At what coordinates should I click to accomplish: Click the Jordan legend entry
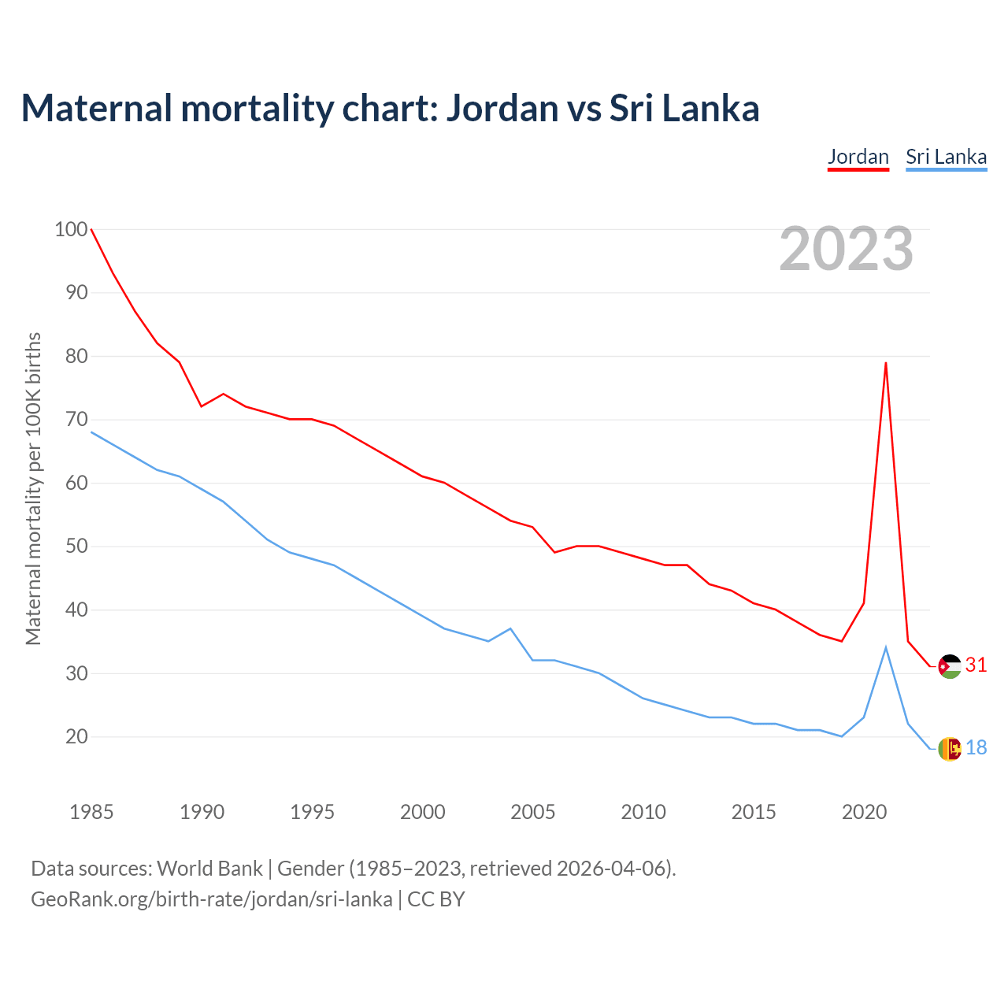[858, 157]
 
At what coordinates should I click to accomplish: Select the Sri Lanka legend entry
[946, 157]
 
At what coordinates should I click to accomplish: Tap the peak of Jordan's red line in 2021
[886, 363]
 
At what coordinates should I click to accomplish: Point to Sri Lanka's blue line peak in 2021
[886, 647]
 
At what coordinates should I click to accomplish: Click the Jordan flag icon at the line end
[950, 666]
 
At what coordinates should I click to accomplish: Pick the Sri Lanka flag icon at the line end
[950, 748]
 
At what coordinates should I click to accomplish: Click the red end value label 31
[976, 665]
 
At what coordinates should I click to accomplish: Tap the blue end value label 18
[976, 747]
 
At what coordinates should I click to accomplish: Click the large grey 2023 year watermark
[846, 249]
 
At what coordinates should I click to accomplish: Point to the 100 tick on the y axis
[70, 230]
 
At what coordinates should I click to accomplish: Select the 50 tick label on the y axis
[76, 547]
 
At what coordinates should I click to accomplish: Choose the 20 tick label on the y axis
[76, 737]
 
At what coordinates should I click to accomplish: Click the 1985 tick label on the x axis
[91, 812]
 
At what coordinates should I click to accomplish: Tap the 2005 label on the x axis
[533, 812]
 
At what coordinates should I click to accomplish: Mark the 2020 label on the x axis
[864, 812]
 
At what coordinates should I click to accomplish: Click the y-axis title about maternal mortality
[33, 488]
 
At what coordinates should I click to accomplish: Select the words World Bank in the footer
[209, 869]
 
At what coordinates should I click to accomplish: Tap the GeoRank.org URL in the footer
[211, 899]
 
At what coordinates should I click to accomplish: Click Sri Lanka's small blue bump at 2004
[511, 628]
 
